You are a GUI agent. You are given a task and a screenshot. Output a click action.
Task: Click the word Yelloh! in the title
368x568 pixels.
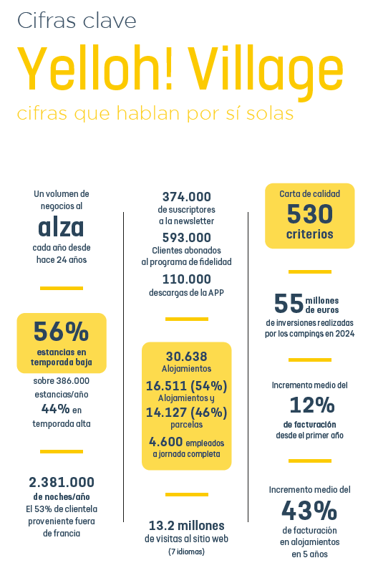95,68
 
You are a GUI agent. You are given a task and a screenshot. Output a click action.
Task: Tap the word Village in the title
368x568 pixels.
266,73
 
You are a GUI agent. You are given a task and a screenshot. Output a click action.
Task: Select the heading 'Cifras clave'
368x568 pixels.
77,20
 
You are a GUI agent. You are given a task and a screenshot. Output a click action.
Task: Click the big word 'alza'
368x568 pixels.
61,227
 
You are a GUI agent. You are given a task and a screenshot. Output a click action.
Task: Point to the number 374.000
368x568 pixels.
187,197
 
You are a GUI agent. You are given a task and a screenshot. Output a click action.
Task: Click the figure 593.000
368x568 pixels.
187,238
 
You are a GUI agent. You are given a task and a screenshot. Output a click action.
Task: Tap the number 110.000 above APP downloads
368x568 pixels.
187,279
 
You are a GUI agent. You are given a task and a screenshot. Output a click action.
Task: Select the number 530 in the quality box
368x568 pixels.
310,213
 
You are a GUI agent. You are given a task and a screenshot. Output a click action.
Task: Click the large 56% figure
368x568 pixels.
61,332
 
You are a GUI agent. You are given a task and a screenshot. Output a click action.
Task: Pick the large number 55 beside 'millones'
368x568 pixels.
289,303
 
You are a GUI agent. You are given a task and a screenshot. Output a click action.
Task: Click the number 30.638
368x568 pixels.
187,357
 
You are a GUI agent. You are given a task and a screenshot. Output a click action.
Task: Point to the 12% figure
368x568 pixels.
312,405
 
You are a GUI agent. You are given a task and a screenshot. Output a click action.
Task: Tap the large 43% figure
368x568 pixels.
310,510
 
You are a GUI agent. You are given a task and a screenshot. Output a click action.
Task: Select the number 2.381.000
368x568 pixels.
62,482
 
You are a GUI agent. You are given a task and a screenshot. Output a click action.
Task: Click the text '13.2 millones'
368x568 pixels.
187,526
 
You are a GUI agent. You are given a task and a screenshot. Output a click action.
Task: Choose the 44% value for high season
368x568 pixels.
55,409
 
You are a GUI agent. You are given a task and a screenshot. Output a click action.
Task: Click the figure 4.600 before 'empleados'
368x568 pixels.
165,441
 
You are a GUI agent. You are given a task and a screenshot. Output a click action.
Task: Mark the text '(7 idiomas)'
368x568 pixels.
187,552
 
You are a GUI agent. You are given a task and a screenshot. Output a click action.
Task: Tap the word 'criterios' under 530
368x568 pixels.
310,234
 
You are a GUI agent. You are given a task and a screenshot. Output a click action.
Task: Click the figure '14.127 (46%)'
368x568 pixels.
187,413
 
